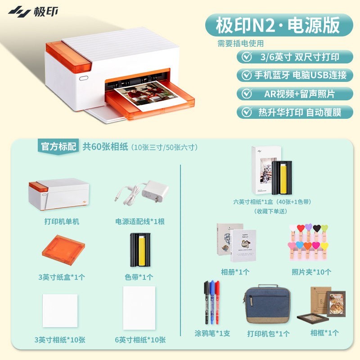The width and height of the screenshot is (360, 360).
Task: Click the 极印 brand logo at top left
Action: pos(33,12)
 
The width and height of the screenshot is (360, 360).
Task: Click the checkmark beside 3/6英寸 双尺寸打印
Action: pos(247,57)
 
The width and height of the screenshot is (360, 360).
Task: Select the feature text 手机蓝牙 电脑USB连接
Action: pos(300,75)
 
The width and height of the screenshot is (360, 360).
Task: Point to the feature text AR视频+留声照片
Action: pos(299,94)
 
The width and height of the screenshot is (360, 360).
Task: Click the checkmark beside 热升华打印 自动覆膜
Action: pos(247,112)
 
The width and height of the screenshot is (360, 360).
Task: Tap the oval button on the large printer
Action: pos(84,78)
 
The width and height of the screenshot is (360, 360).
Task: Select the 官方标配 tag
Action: pos(58,147)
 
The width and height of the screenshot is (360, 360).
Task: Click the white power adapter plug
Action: pos(155,191)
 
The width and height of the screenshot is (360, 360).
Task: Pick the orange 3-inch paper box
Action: pos(63,250)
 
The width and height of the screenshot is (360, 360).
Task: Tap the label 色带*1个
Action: pos(139,277)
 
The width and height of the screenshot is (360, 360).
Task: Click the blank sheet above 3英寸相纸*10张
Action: pos(60,310)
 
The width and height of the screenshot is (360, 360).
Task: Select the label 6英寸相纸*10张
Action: pos(140,340)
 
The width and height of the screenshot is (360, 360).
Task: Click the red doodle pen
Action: pos(217,302)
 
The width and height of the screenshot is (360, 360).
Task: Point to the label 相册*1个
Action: pos(235,272)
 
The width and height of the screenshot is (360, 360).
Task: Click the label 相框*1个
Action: pos(324,333)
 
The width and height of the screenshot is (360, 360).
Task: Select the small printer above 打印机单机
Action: pos(59,194)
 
